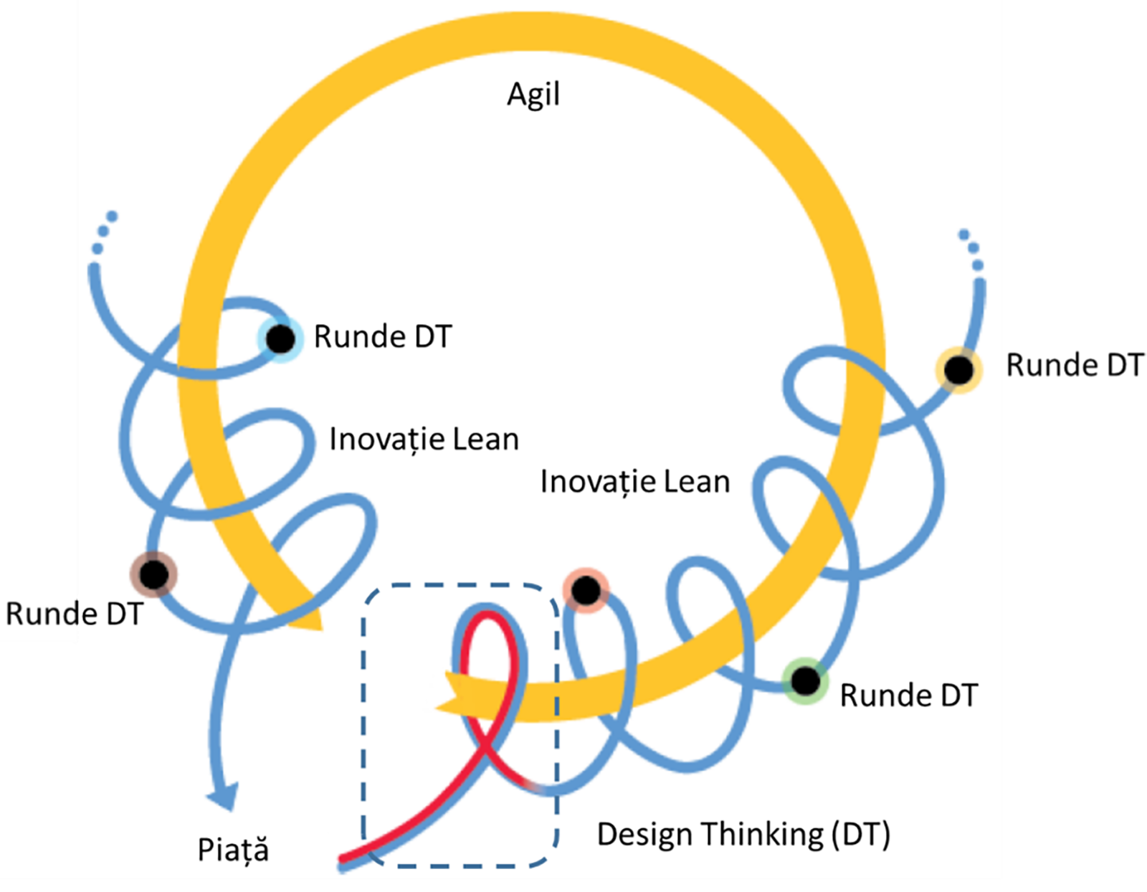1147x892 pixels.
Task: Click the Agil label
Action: point(533,95)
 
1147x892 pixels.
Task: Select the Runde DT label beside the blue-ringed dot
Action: point(383,336)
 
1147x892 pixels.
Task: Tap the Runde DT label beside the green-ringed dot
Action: point(908,695)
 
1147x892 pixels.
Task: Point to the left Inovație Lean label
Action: point(424,439)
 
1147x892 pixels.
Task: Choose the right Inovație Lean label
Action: point(635,481)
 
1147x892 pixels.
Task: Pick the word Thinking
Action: point(762,835)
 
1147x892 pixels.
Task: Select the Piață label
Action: point(233,850)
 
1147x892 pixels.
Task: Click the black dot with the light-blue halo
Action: point(280,338)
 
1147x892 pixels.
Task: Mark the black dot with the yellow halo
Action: point(958,370)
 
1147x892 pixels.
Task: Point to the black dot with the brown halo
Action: point(153,574)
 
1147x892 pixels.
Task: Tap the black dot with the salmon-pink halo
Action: point(586,590)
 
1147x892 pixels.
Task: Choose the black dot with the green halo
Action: point(805,680)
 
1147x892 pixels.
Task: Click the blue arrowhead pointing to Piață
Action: point(224,796)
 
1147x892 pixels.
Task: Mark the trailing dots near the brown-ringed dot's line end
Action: point(105,231)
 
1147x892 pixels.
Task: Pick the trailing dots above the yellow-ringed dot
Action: point(971,248)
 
